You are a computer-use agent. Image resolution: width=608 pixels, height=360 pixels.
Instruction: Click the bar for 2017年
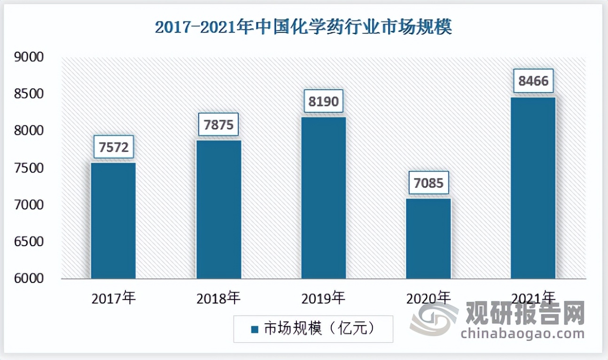pyautogui.click(x=113, y=220)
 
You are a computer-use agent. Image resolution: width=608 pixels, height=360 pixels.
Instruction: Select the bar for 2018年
pyautogui.click(x=218, y=209)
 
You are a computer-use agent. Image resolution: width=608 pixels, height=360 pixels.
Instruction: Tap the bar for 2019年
pyautogui.click(x=324, y=197)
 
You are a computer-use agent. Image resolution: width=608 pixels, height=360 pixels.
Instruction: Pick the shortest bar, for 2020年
pyautogui.click(x=429, y=238)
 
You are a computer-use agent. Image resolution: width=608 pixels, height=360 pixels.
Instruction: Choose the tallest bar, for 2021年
pyautogui.click(x=533, y=188)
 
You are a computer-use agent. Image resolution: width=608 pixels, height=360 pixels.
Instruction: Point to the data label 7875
pyautogui.click(x=218, y=125)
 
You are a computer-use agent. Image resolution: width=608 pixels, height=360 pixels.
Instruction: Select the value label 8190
pyautogui.click(x=324, y=102)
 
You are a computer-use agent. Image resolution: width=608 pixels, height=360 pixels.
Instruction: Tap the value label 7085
pyautogui.click(x=429, y=183)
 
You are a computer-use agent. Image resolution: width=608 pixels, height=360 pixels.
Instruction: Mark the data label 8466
pyautogui.click(x=533, y=81)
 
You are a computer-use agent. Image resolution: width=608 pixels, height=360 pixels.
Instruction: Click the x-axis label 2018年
pyautogui.click(x=218, y=298)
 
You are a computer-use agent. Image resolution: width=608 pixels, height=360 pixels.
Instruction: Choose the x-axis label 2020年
pyautogui.click(x=429, y=298)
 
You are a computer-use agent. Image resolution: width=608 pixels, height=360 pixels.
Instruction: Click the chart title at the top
pyautogui.click(x=304, y=27)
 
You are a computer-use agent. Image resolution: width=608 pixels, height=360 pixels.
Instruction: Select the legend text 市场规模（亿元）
pyautogui.click(x=320, y=329)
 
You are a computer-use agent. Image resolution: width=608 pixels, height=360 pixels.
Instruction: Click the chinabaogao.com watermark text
pyautogui.click(x=522, y=334)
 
